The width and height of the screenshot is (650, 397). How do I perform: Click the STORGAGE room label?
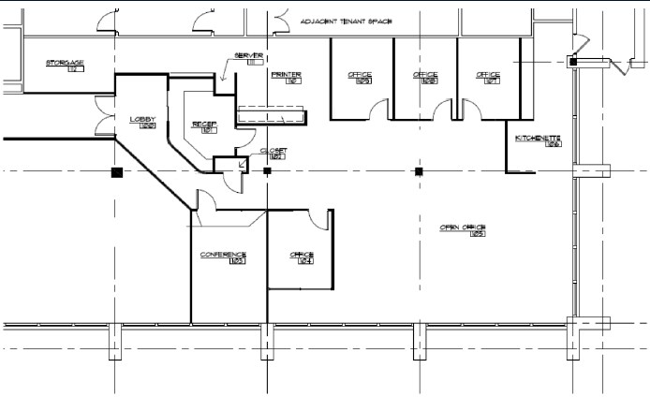pyautogui.click(x=66, y=63)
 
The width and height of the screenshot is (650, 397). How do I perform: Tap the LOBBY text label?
pyautogui.click(x=142, y=119)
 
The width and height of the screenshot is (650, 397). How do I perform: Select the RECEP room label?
pyautogui.click(x=204, y=124)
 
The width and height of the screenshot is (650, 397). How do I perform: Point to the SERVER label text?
pyautogui.click(x=248, y=55)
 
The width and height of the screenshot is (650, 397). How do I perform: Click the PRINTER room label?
pyautogui.click(x=285, y=73)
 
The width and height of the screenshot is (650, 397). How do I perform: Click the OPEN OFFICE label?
pyautogui.click(x=464, y=228)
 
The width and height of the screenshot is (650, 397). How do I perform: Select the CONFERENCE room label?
pyautogui.click(x=223, y=255)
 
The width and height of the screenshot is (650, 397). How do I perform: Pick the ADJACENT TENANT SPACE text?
pyautogui.click(x=346, y=21)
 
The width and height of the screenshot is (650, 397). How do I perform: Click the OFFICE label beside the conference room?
pyautogui.click(x=302, y=255)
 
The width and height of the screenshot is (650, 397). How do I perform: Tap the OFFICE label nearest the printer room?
pyautogui.click(x=360, y=74)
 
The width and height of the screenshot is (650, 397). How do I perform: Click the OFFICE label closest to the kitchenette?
pyautogui.click(x=488, y=74)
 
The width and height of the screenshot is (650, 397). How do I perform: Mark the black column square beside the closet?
pyautogui.click(x=267, y=172)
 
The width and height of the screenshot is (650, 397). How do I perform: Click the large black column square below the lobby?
pyautogui.click(x=116, y=172)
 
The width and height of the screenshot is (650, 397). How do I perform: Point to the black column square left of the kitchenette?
pyautogui.click(x=419, y=171)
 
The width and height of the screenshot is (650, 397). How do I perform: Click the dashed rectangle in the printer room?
pyautogui.click(x=272, y=114)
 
